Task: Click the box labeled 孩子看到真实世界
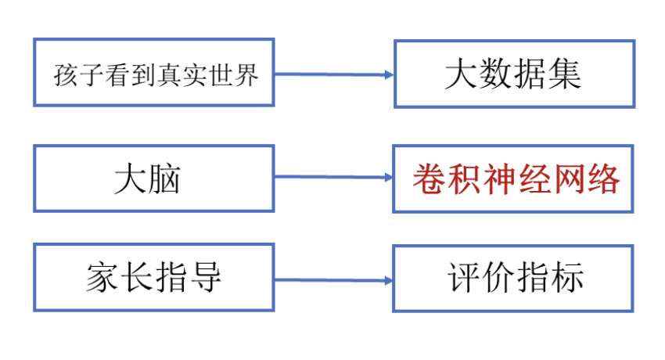pyautogui.click(x=154, y=72)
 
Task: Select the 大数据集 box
pyautogui.click(x=513, y=74)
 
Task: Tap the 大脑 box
pyautogui.click(x=154, y=178)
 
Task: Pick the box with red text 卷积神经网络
pyautogui.click(x=513, y=178)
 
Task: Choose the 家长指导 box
pyautogui.click(x=154, y=277)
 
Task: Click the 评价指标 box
pyautogui.click(x=513, y=278)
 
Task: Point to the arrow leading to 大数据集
pyautogui.click(x=332, y=74)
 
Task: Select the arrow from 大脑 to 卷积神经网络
pyautogui.click(x=332, y=177)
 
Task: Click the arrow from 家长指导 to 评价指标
pyautogui.click(x=332, y=279)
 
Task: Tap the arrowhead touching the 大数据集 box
pyautogui.click(x=387, y=75)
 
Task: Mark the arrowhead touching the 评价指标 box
pyautogui.click(x=387, y=280)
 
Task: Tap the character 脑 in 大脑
pyautogui.click(x=166, y=179)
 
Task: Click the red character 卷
pyautogui.click(x=426, y=179)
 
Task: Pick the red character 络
pyautogui.click(x=605, y=179)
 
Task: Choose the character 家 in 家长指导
pyautogui.click(x=101, y=278)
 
